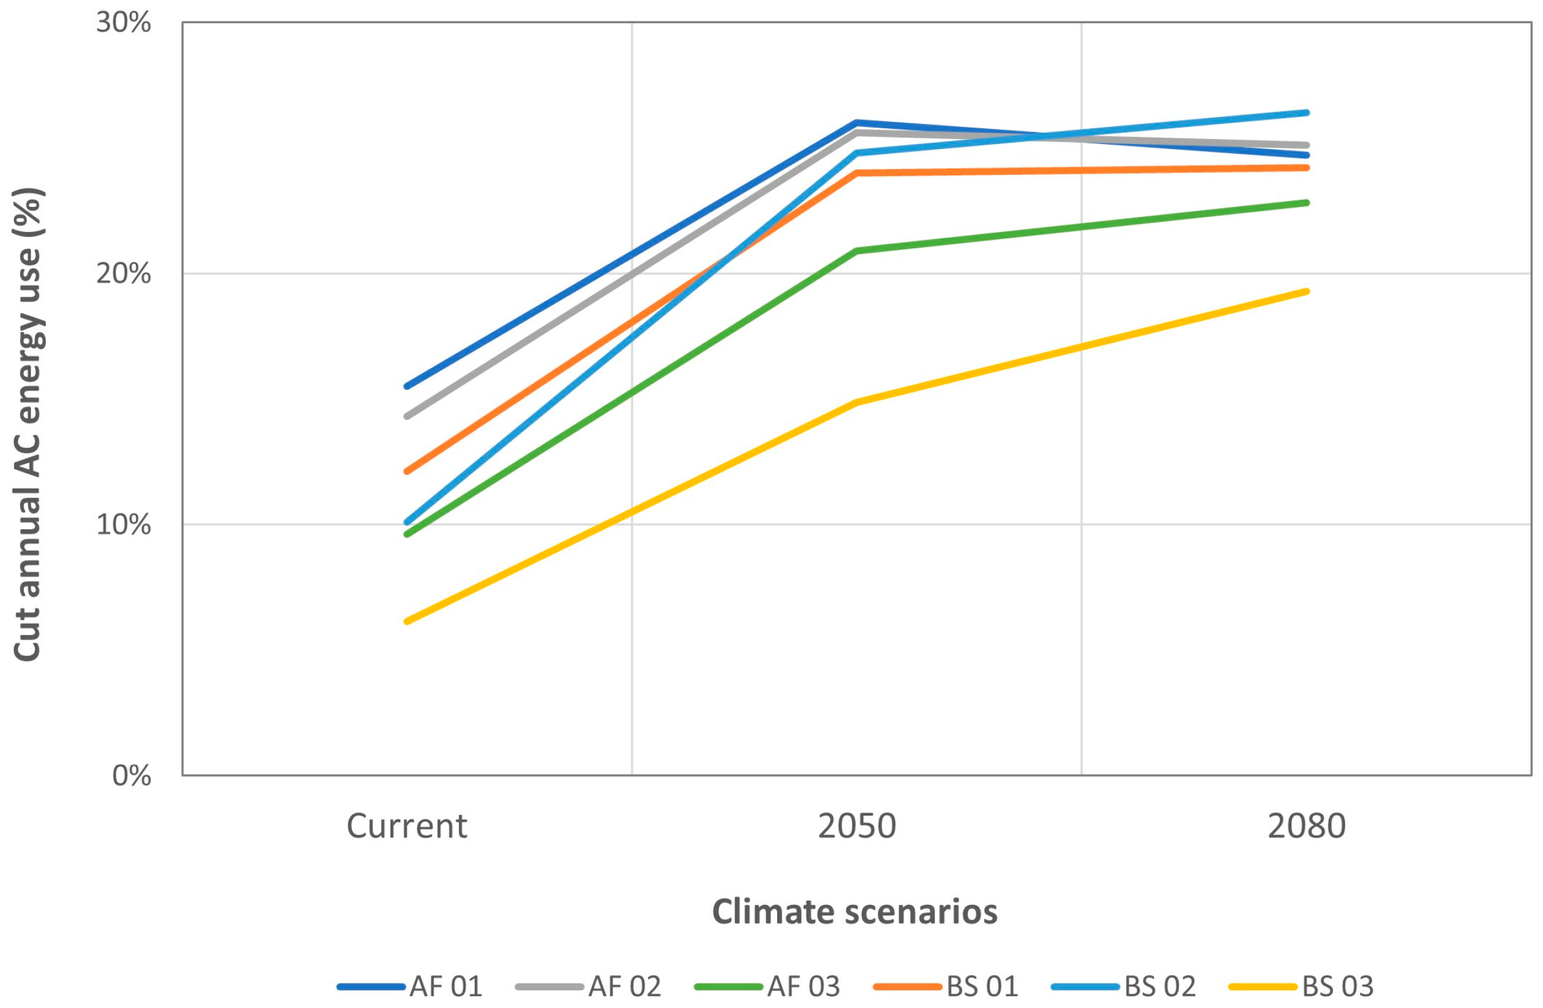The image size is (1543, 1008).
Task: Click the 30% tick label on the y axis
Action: (x=123, y=23)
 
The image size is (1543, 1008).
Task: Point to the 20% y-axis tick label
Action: (x=123, y=274)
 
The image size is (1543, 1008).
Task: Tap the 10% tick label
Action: (x=123, y=524)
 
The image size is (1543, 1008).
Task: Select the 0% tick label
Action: (x=131, y=775)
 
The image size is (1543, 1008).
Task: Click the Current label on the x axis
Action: (x=406, y=826)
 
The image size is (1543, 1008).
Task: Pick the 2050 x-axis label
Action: (x=856, y=826)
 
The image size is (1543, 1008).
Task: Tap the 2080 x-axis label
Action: (x=1307, y=826)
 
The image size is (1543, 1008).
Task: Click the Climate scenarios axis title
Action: (x=854, y=911)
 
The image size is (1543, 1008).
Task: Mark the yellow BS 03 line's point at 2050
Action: (x=856, y=402)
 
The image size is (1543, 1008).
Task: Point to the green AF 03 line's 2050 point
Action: (x=856, y=251)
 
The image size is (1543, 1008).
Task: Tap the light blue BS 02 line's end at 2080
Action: (x=1307, y=113)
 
